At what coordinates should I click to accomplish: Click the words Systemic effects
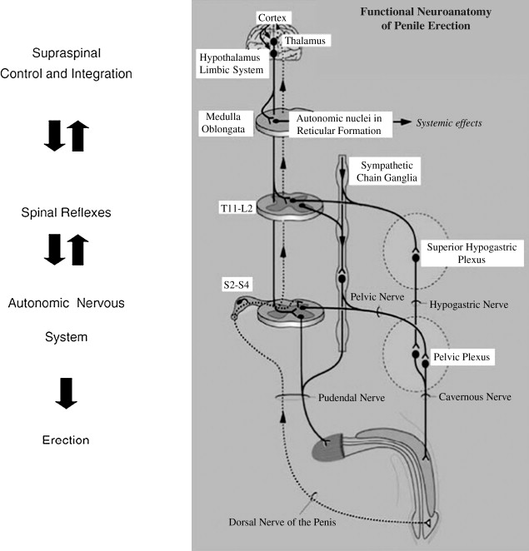click(x=450, y=123)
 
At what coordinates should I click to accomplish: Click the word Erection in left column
click(x=66, y=439)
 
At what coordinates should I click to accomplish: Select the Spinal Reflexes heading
click(x=66, y=213)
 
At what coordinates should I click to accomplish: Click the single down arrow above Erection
click(x=66, y=392)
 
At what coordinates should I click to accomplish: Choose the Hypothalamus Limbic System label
click(x=231, y=63)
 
